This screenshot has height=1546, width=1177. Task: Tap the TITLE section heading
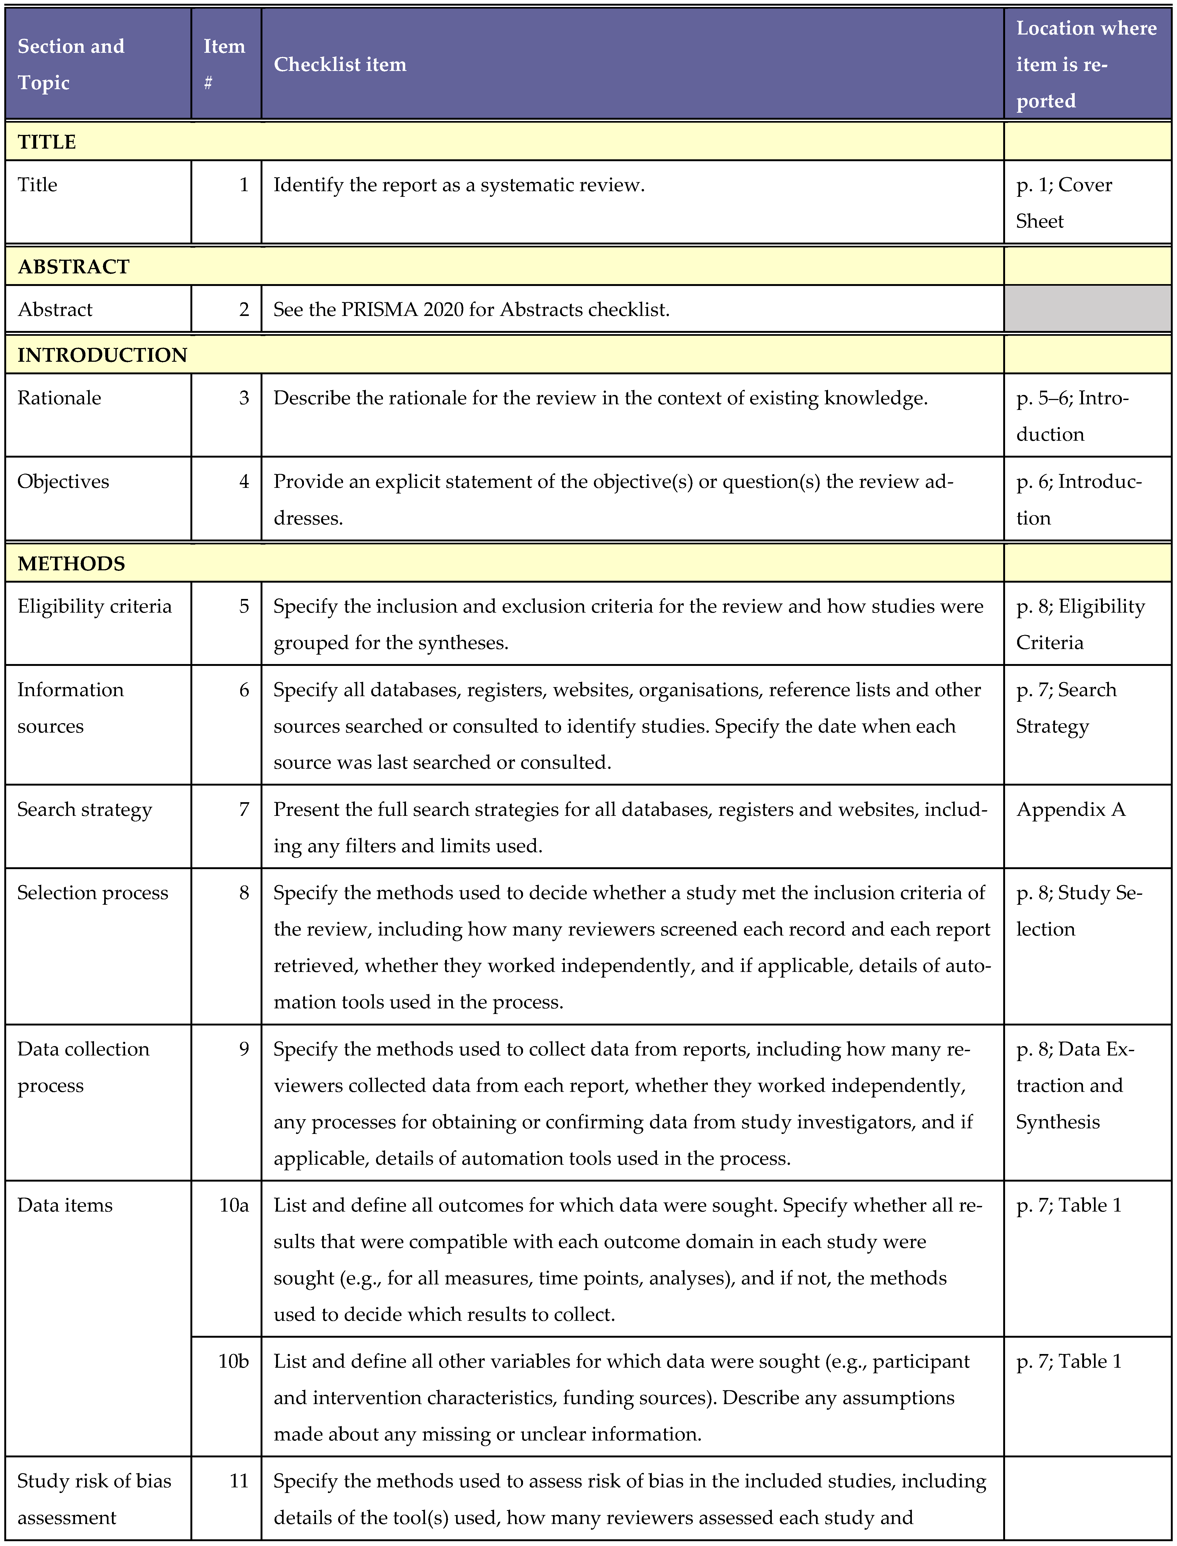(47, 142)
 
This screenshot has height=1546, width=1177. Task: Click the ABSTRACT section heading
(74, 267)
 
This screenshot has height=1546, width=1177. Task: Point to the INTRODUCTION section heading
(102, 355)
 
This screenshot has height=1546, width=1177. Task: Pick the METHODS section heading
(72, 564)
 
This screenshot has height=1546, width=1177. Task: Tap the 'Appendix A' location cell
(1070, 810)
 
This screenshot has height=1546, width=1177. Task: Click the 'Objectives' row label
(63, 482)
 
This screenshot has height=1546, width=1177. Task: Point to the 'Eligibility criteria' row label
(95, 607)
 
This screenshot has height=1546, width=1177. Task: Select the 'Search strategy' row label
(85, 810)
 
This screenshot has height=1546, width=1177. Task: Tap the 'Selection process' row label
(93, 893)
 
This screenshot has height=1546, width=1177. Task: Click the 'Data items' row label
(65, 1206)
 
